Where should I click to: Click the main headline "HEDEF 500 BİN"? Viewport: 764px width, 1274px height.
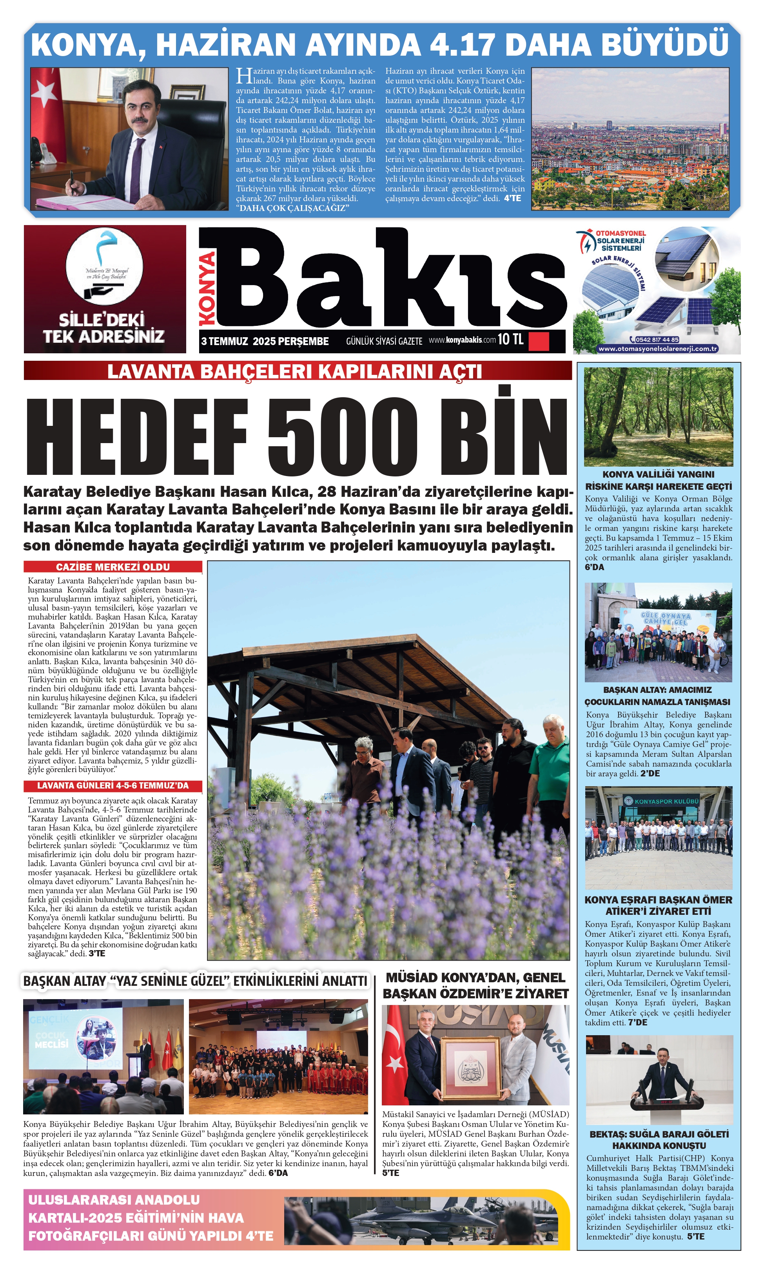click(x=297, y=437)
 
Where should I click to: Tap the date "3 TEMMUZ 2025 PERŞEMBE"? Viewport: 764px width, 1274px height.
click(x=265, y=341)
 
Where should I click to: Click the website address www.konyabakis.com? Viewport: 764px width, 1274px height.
click(x=462, y=340)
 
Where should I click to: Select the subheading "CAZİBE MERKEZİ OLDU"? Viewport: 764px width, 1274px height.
click(x=113, y=567)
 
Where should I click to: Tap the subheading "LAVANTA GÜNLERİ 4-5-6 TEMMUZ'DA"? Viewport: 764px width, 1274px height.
click(x=113, y=786)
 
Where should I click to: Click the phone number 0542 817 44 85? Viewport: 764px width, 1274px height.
click(x=657, y=339)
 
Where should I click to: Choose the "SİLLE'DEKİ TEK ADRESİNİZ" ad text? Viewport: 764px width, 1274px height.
click(x=103, y=328)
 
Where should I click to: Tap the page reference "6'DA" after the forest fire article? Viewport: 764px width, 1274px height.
click(x=595, y=567)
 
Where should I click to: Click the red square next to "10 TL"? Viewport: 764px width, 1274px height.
click(x=539, y=340)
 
